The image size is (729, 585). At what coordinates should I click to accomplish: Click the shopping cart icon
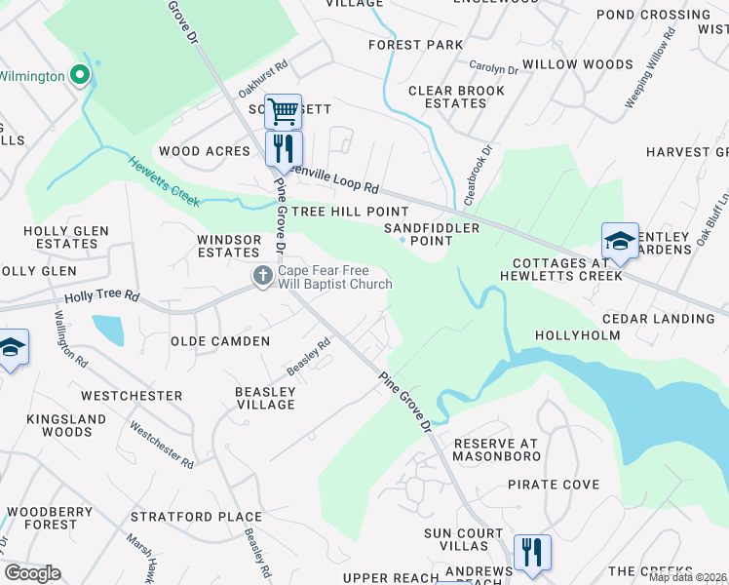click(283, 111)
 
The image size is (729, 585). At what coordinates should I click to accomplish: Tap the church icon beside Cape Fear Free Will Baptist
click(262, 277)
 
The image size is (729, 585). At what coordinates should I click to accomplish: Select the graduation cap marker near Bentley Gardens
click(620, 240)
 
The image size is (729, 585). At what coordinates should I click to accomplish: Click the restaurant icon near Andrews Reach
click(532, 551)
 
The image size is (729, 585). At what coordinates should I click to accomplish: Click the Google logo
click(32, 573)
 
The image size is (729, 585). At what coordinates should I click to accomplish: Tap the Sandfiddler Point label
click(432, 234)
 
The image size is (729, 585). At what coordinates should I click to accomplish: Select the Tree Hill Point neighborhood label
click(350, 212)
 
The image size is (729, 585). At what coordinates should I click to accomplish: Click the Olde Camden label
click(220, 341)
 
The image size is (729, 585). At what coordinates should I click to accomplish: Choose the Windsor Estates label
click(229, 246)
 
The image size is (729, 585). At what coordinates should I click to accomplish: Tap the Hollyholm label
click(578, 336)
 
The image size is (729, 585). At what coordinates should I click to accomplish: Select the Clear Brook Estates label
click(456, 97)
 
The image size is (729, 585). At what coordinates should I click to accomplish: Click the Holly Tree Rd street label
click(101, 296)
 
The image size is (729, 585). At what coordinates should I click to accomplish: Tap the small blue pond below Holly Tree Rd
click(108, 331)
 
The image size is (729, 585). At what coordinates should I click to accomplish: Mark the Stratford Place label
click(211, 517)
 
